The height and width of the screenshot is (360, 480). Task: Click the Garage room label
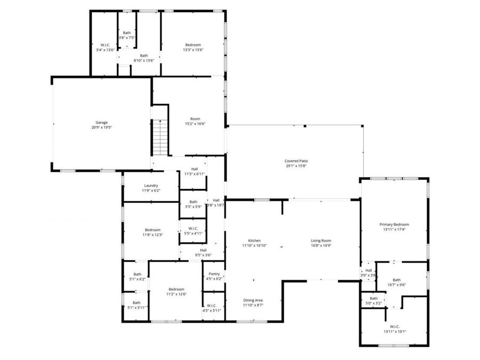(x=101, y=122)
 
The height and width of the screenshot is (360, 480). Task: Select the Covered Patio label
(x=296, y=161)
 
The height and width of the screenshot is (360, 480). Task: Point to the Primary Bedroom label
(x=394, y=225)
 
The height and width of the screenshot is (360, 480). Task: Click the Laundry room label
(x=151, y=186)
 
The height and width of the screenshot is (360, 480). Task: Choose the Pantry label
(x=214, y=274)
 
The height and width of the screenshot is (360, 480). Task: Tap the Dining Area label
(x=253, y=300)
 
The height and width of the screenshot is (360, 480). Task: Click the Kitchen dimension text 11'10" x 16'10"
(x=254, y=246)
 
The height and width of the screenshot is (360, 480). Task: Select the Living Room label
(x=321, y=241)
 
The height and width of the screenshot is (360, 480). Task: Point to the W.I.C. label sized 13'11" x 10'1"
(x=395, y=326)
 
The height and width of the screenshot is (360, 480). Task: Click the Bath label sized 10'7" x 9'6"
(x=396, y=279)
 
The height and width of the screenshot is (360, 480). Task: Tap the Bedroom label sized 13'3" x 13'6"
(x=193, y=45)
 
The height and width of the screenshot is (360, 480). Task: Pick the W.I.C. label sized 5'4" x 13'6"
(x=105, y=45)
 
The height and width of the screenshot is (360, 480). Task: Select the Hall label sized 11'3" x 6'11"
(x=195, y=169)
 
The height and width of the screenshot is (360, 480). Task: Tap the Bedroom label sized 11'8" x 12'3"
(x=152, y=230)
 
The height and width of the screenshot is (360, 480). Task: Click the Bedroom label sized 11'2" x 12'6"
(x=175, y=289)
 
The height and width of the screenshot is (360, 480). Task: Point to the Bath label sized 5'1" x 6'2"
(x=137, y=274)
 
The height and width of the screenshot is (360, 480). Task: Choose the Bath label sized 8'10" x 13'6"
(x=143, y=55)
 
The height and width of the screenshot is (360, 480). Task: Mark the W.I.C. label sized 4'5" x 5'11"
(x=212, y=306)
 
